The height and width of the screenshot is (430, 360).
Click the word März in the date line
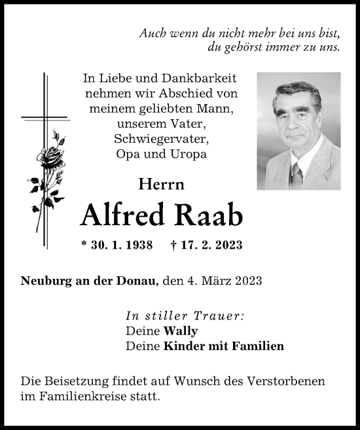[x=216, y=282]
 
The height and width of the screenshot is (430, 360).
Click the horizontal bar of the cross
[x=45, y=118]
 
